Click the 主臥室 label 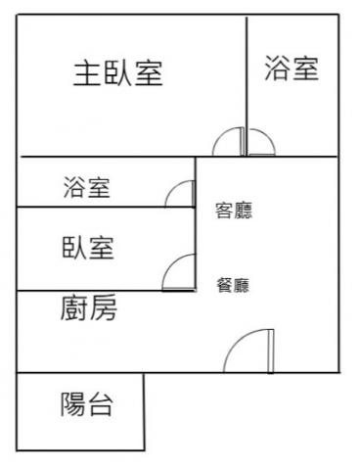[118, 73]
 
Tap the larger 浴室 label [292, 68]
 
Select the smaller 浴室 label [87, 187]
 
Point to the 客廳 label [234, 211]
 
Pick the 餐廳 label [233, 285]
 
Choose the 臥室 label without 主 [88, 248]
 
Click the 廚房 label [89, 307]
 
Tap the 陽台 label [87, 404]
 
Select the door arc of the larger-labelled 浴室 [268, 136]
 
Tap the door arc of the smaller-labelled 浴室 [173, 188]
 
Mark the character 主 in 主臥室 [87, 73]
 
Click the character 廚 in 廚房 [74, 307]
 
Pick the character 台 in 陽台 [101, 404]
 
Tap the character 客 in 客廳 [224, 211]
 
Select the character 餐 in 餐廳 [225, 285]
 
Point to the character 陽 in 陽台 [73, 404]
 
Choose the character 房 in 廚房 [104, 307]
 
